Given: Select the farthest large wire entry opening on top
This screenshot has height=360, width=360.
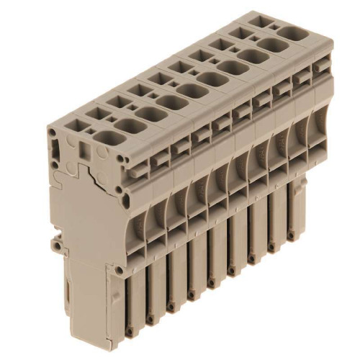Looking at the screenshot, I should click(x=291, y=33).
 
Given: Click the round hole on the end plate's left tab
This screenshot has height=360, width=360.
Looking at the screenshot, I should click(x=55, y=244).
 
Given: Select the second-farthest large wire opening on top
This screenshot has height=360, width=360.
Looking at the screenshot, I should click(x=269, y=45).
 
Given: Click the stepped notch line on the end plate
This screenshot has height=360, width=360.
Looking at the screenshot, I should click(x=90, y=176).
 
